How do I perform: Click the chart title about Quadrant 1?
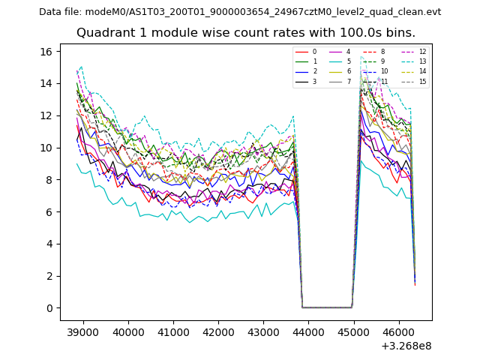(245, 33)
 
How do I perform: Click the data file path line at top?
(240, 12)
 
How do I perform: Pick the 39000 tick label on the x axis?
(82, 331)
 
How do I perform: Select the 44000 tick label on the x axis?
(308, 331)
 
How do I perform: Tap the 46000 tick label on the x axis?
(398, 331)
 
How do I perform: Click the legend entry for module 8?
(382, 52)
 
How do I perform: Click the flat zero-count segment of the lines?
(327, 307)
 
